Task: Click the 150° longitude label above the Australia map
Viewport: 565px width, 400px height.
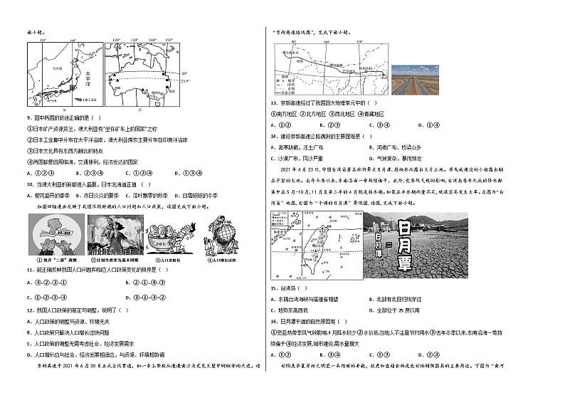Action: pyautogui.click(x=169, y=41)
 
